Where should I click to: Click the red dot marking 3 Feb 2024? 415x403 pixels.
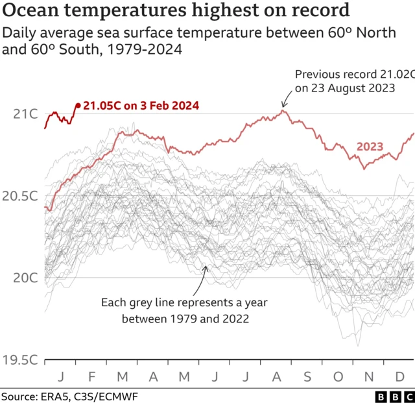click(78, 105)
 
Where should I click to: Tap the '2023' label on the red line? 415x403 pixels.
click(370, 147)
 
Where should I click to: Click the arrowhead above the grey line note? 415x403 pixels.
click(204, 267)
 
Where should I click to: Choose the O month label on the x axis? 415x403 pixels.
click(337, 376)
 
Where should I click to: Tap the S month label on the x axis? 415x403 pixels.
click(307, 376)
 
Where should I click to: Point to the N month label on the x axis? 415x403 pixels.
click(368, 376)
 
